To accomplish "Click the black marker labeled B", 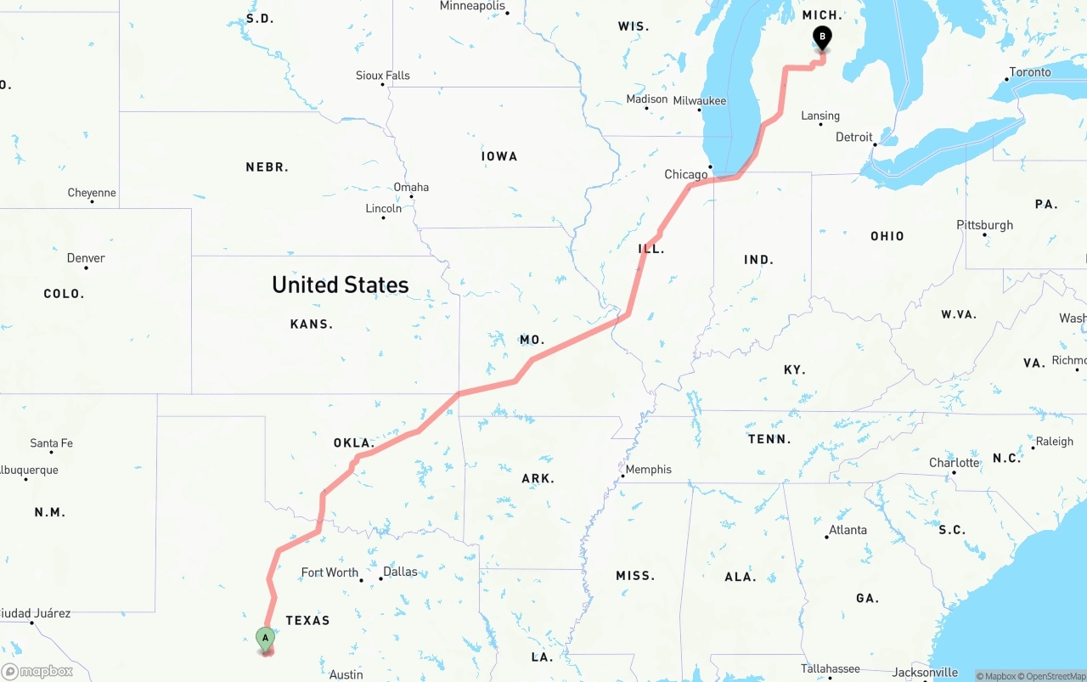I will [x=821, y=37].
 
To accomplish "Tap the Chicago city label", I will [x=685, y=175].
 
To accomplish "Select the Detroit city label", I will [x=853, y=138].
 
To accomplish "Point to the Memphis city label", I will [x=648, y=470].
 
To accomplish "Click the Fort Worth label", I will [x=329, y=572].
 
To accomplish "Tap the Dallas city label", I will [x=400, y=572].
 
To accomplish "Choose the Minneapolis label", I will [x=472, y=6].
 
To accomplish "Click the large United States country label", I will [x=340, y=285].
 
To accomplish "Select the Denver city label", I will [x=86, y=258].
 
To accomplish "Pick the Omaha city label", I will [x=411, y=187].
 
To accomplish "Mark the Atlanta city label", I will [x=848, y=530].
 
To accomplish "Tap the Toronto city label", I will [x=1029, y=72].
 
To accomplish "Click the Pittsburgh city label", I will [x=984, y=225].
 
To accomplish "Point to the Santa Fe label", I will [x=51, y=443].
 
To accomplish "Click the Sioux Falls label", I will [x=382, y=76].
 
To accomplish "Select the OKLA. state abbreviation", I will [x=353, y=443].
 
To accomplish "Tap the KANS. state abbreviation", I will [x=311, y=324].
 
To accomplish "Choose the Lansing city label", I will [x=819, y=116].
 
